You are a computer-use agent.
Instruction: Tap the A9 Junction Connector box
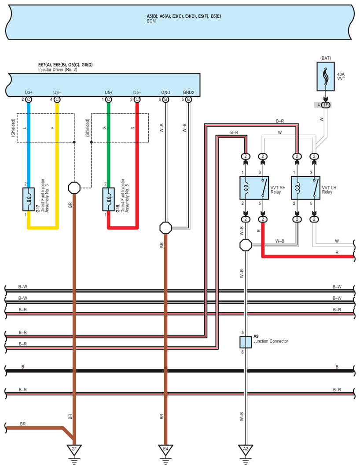click(x=245, y=342)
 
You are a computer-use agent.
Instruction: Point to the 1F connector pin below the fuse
click(x=326, y=105)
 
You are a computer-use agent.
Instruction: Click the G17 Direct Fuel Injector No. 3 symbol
click(x=29, y=199)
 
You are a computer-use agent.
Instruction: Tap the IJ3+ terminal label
click(x=29, y=92)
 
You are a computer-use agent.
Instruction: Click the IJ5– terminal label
click(x=137, y=92)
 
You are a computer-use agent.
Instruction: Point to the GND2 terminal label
click(x=188, y=92)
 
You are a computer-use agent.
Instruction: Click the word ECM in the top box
click(x=151, y=21)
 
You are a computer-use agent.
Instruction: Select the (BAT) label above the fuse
click(x=326, y=58)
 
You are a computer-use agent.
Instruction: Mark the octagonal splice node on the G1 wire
click(x=74, y=188)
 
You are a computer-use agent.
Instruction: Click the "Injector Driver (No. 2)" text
click(x=58, y=70)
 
